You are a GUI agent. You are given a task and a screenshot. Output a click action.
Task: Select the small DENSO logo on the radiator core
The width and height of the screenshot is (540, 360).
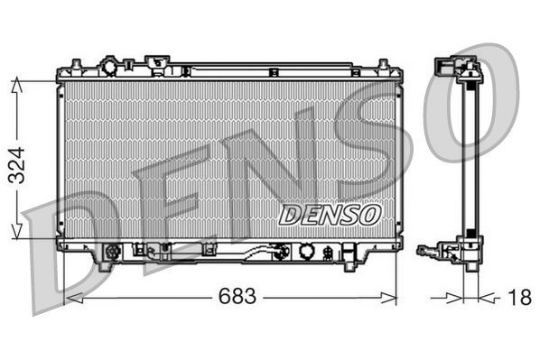[329, 214]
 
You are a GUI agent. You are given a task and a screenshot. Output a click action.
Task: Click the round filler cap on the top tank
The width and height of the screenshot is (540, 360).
[111, 67]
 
